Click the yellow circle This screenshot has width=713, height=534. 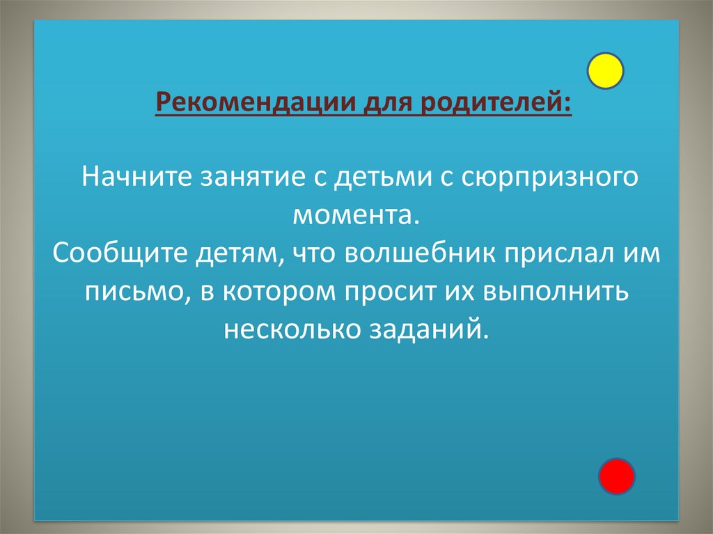[605, 70]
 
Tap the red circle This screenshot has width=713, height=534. [617, 477]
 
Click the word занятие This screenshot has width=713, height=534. [250, 176]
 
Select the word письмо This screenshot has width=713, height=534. [136, 292]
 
